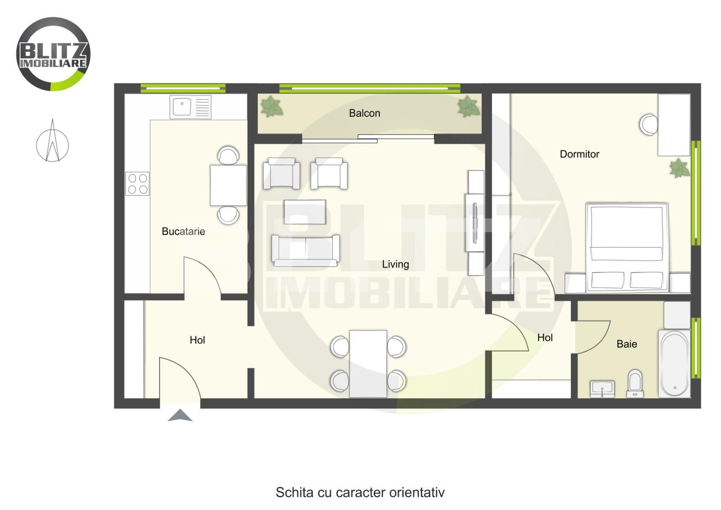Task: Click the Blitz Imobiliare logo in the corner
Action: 53,54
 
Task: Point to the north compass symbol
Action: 52,141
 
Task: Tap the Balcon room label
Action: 365,113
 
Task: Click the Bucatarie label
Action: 183,232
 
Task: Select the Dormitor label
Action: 580,154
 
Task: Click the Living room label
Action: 395,264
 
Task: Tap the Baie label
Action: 627,344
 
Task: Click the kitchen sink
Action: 191,107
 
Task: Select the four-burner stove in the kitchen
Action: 137,184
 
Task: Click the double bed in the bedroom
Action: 627,247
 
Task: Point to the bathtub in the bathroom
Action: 674,364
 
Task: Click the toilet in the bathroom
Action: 635,383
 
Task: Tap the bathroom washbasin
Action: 602,389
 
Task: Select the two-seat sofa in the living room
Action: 305,250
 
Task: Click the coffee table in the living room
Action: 305,212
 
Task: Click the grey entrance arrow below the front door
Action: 180,415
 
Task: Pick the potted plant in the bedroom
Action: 679,168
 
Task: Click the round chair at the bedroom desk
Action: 648,124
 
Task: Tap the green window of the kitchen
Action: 183,88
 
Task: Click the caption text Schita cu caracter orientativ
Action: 360,492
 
